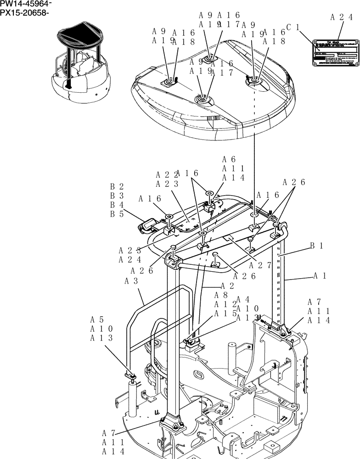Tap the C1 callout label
pyautogui.click(x=292, y=28)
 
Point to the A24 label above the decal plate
pyautogui.click(x=341, y=17)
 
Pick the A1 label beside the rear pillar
pyautogui.click(x=321, y=276)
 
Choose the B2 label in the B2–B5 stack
pyautogui.click(x=117, y=187)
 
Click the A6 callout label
pyautogui.click(x=229, y=159)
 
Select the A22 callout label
pyautogui.click(x=163, y=175)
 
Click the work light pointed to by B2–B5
pyautogui.click(x=147, y=226)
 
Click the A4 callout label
pyautogui.click(x=243, y=299)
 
